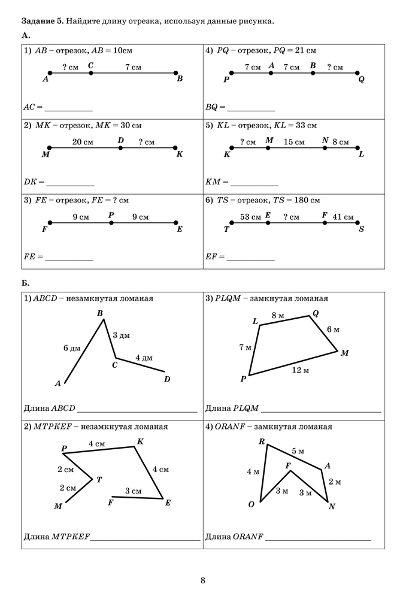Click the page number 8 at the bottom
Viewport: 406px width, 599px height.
coord(203,580)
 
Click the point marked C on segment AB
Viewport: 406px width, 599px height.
coord(90,73)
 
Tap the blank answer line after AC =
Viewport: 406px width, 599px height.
coord(68,108)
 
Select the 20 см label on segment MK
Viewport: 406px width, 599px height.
coord(83,142)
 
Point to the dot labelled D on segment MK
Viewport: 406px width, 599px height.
coord(120,148)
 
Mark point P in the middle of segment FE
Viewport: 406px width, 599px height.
coord(111,223)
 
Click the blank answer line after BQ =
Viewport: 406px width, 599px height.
coord(251,108)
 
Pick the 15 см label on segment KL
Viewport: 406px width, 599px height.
coord(294,142)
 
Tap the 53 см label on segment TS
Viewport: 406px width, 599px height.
coord(250,217)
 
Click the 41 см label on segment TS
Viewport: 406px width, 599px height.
coord(343,217)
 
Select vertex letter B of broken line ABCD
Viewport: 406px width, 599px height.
coord(100,313)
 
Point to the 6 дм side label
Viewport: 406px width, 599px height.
coord(71,348)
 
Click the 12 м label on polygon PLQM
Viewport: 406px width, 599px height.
coord(300,371)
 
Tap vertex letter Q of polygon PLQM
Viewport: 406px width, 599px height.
coord(316,313)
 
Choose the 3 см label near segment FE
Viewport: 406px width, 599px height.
coord(133,491)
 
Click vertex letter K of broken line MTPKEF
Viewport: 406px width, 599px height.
coord(140,441)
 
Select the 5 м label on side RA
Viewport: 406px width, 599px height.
coord(298,451)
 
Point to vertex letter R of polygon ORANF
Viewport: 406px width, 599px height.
coord(262,442)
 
